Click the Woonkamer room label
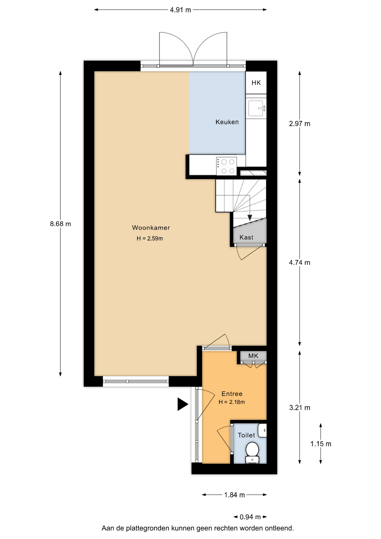coord(151,228)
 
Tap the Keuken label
coord(227,122)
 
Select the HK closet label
coord(256,83)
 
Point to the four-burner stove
coord(226,166)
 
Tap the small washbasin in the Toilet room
coord(262,430)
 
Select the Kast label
coord(246,237)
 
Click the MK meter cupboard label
coord(253,356)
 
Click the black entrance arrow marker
coord(182,404)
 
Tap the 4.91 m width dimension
coord(180,10)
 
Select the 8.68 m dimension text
coord(60,224)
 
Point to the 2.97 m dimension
coord(300,124)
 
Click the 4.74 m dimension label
coord(300,262)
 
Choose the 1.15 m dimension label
coord(321,444)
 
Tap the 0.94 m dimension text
coord(250,517)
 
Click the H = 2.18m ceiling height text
coord(232,402)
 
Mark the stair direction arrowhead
coord(250,218)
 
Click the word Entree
coord(232,394)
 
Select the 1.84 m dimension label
coord(235,495)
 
